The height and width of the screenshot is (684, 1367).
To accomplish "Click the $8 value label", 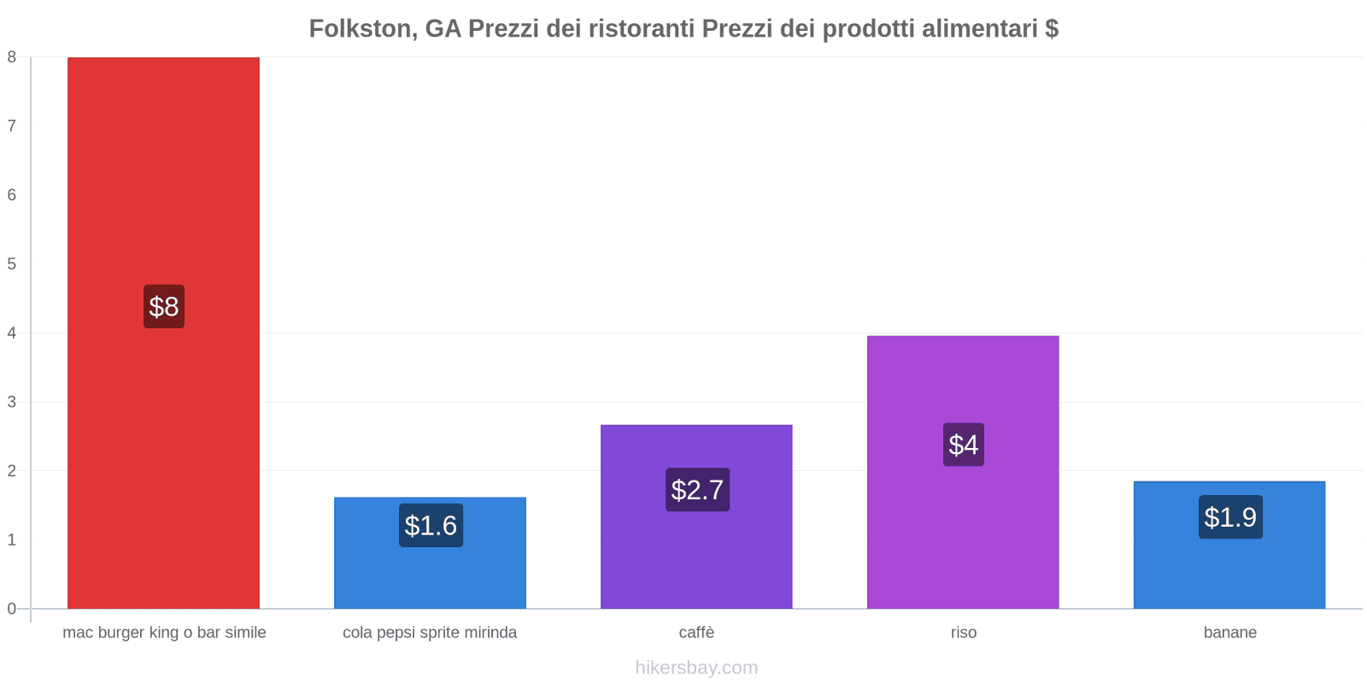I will coord(164,306).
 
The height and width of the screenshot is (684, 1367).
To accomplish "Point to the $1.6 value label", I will coord(431,525).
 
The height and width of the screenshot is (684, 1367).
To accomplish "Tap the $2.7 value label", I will coord(697,490).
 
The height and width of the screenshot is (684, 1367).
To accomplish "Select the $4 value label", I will coord(964,445).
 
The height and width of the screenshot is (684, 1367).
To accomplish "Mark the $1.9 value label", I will coord(1230,517).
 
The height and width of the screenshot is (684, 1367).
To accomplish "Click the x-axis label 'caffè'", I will coord(696,633).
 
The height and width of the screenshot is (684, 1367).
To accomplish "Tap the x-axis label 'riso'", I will coord(964,633).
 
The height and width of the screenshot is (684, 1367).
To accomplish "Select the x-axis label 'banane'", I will coord(1230,633).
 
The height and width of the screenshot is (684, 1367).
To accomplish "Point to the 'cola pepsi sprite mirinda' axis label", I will coord(430,633).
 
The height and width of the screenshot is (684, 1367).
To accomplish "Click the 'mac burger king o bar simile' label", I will coord(164,633).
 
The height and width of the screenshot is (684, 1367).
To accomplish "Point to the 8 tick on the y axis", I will coord(12,57).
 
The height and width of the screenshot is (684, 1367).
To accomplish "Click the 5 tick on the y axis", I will coord(12,264).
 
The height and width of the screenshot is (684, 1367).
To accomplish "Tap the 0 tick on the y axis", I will coord(12,609).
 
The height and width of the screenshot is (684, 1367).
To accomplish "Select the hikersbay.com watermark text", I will coord(696,668).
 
